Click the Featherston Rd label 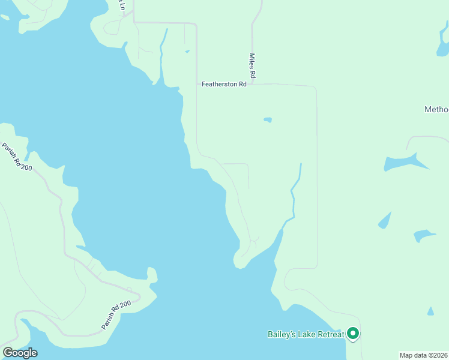(x=224, y=85)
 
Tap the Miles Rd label (x=253, y=66)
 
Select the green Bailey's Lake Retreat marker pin (x=353, y=333)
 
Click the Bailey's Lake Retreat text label (x=305, y=334)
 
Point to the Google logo (x=20, y=353)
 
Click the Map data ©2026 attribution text (x=423, y=355)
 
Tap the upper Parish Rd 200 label (x=17, y=157)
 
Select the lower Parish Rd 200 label (x=116, y=315)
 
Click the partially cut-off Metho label (x=436, y=110)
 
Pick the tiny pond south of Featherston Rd (x=268, y=120)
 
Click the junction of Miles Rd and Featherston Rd (x=253, y=84)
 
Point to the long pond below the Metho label (x=406, y=162)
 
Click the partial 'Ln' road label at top (x=122, y=5)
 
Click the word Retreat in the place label (x=329, y=334)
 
